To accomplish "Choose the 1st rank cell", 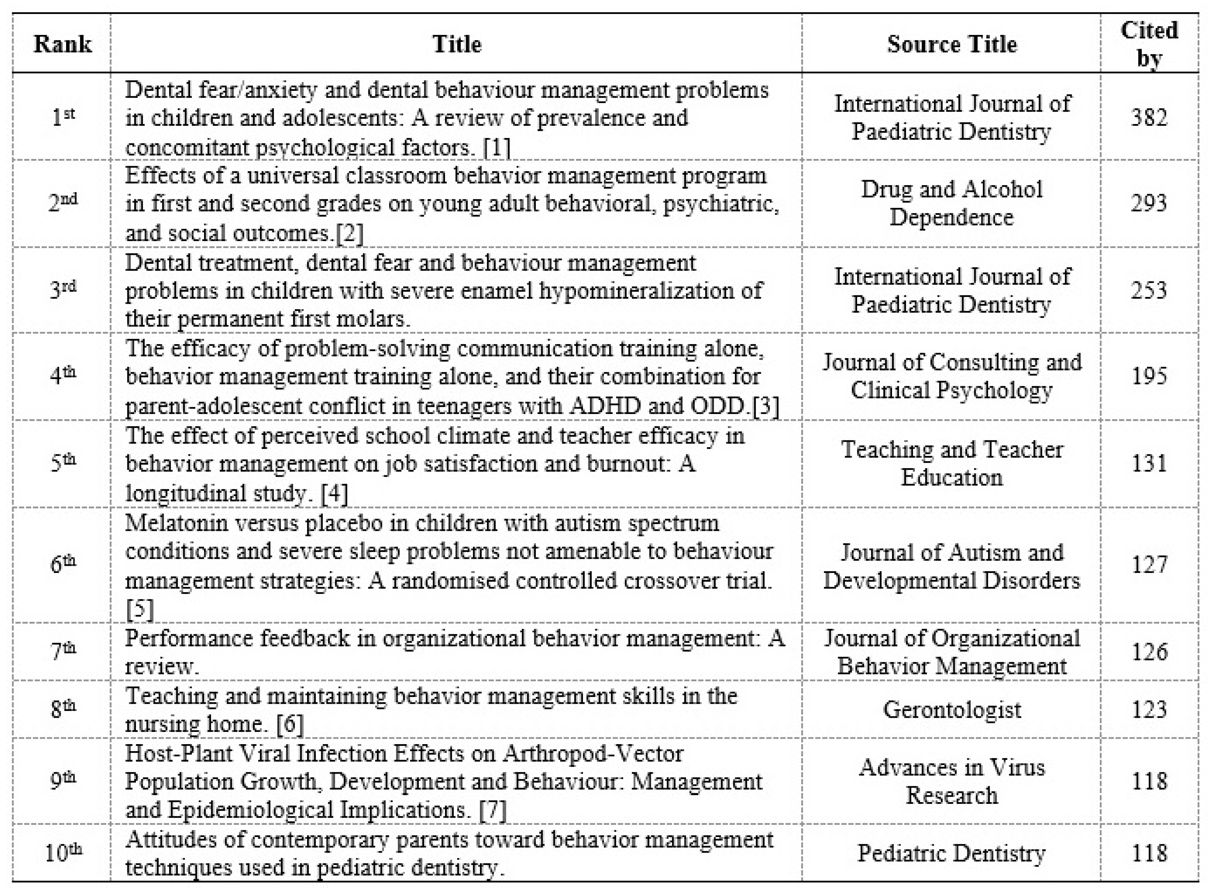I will [63, 117].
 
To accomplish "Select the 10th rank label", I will [63, 853].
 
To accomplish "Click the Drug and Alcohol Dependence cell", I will [951, 203].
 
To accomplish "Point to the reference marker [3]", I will [766, 406].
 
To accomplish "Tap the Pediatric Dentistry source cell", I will [951, 853].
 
